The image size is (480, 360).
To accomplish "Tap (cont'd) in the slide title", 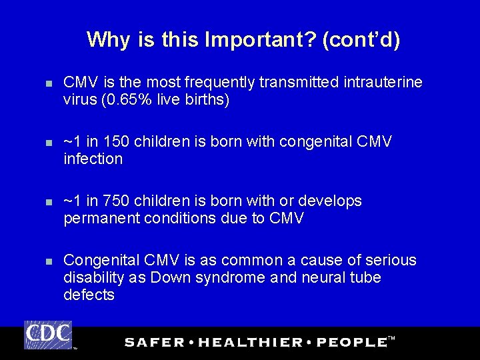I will pyautogui.click(x=361, y=41).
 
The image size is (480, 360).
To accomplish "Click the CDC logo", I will pyautogui.click(x=48, y=335).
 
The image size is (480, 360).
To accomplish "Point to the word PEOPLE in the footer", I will pyautogui.click(x=351, y=342).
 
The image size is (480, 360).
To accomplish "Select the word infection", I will pyautogui.click(x=93, y=159).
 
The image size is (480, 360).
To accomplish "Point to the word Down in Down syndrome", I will pyautogui.click(x=170, y=277).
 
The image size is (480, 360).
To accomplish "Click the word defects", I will pyautogui.click(x=89, y=295).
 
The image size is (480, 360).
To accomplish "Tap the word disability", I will pyautogui.click(x=91, y=277).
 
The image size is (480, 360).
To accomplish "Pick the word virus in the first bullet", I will pyautogui.click(x=79, y=99).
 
